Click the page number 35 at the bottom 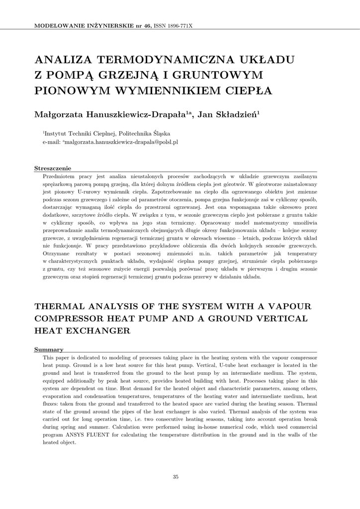click(176, 477)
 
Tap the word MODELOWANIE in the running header click(56, 25)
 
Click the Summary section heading click(48, 349)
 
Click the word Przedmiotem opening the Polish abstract click(61, 176)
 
